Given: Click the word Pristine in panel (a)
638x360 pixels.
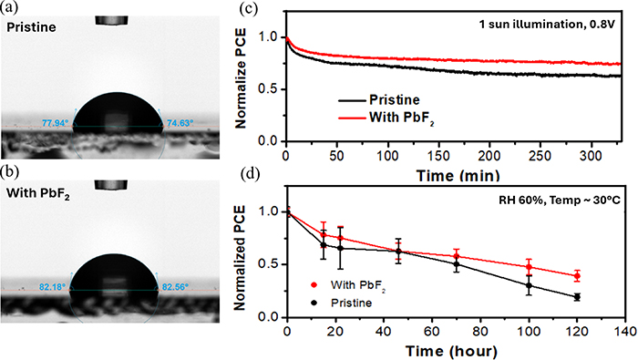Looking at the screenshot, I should (x=29, y=28).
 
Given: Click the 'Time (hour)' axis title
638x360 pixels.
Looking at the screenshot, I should (x=452, y=350).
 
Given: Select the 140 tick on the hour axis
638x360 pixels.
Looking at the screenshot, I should (x=622, y=331).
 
